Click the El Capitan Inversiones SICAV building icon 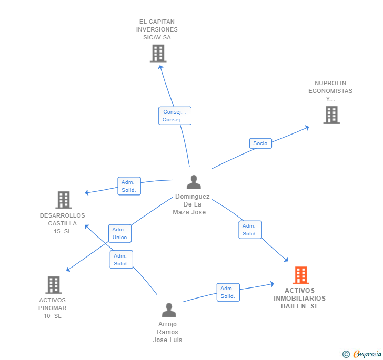tap(158, 54)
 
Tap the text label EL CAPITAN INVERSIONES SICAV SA tap(157, 29)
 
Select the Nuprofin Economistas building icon tap(331, 115)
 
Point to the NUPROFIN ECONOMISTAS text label tap(330, 91)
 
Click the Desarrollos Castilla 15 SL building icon tap(64, 200)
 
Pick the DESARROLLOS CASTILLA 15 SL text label tap(62, 223)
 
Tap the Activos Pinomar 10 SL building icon tap(54, 285)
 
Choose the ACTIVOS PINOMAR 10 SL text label tap(53, 308)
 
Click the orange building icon tap(300, 275)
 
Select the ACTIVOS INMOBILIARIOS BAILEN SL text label tap(299, 298)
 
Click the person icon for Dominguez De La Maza tap(194, 182)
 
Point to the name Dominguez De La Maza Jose tap(192, 204)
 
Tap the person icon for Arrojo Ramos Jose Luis tap(169, 310)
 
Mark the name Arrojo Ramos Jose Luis tap(167, 332)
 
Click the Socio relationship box tap(260, 143)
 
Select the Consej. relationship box tap(175, 116)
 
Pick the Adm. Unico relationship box tap(120, 233)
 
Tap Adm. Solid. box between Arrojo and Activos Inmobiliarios tap(228, 292)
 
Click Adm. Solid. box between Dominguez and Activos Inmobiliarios tap(250, 230)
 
